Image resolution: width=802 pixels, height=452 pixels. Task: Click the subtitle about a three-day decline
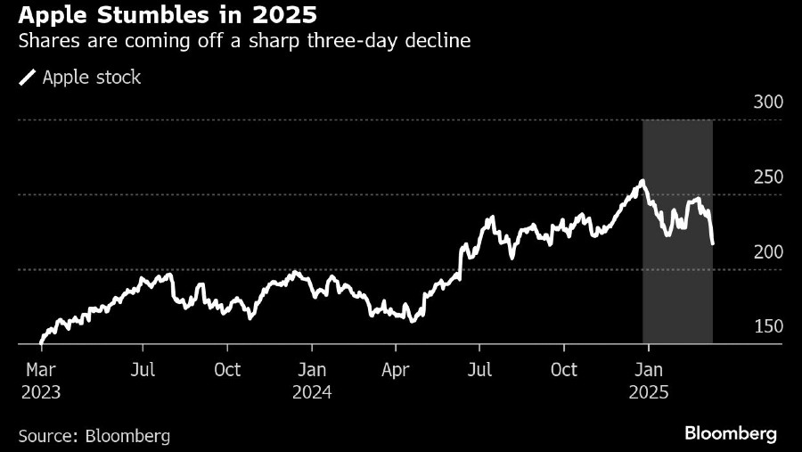pyautogui.click(x=243, y=42)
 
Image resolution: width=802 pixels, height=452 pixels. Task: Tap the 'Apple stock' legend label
pyautogui.click(x=92, y=78)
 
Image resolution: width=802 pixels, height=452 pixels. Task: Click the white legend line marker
pyautogui.click(x=28, y=78)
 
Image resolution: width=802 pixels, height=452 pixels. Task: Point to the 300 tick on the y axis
pyautogui.click(x=768, y=102)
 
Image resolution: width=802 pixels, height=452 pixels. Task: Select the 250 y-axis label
pyautogui.click(x=768, y=177)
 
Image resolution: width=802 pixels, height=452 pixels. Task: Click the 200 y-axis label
pyautogui.click(x=768, y=251)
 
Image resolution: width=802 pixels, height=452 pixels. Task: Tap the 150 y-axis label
pyautogui.click(x=768, y=326)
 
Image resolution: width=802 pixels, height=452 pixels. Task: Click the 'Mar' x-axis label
pyautogui.click(x=41, y=369)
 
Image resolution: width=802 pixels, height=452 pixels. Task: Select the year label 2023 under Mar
pyautogui.click(x=41, y=390)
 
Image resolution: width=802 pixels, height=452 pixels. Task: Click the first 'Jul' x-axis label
pyautogui.click(x=143, y=369)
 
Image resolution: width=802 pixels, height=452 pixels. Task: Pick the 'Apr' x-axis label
pyautogui.click(x=395, y=369)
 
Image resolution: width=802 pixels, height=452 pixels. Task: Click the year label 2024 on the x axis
pyautogui.click(x=311, y=390)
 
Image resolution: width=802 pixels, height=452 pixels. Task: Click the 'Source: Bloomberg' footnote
pyautogui.click(x=94, y=436)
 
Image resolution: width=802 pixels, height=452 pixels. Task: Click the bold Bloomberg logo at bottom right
pyautogui.click(x=731, y=433)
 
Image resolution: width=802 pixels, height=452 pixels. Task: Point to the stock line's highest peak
pyautogui.click(x=642, y=182)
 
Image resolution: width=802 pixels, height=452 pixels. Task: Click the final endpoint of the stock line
pyautogui.click(x=712, y=242)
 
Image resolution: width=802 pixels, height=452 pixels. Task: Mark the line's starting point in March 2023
pyautogui.click(x=41, y=341)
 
